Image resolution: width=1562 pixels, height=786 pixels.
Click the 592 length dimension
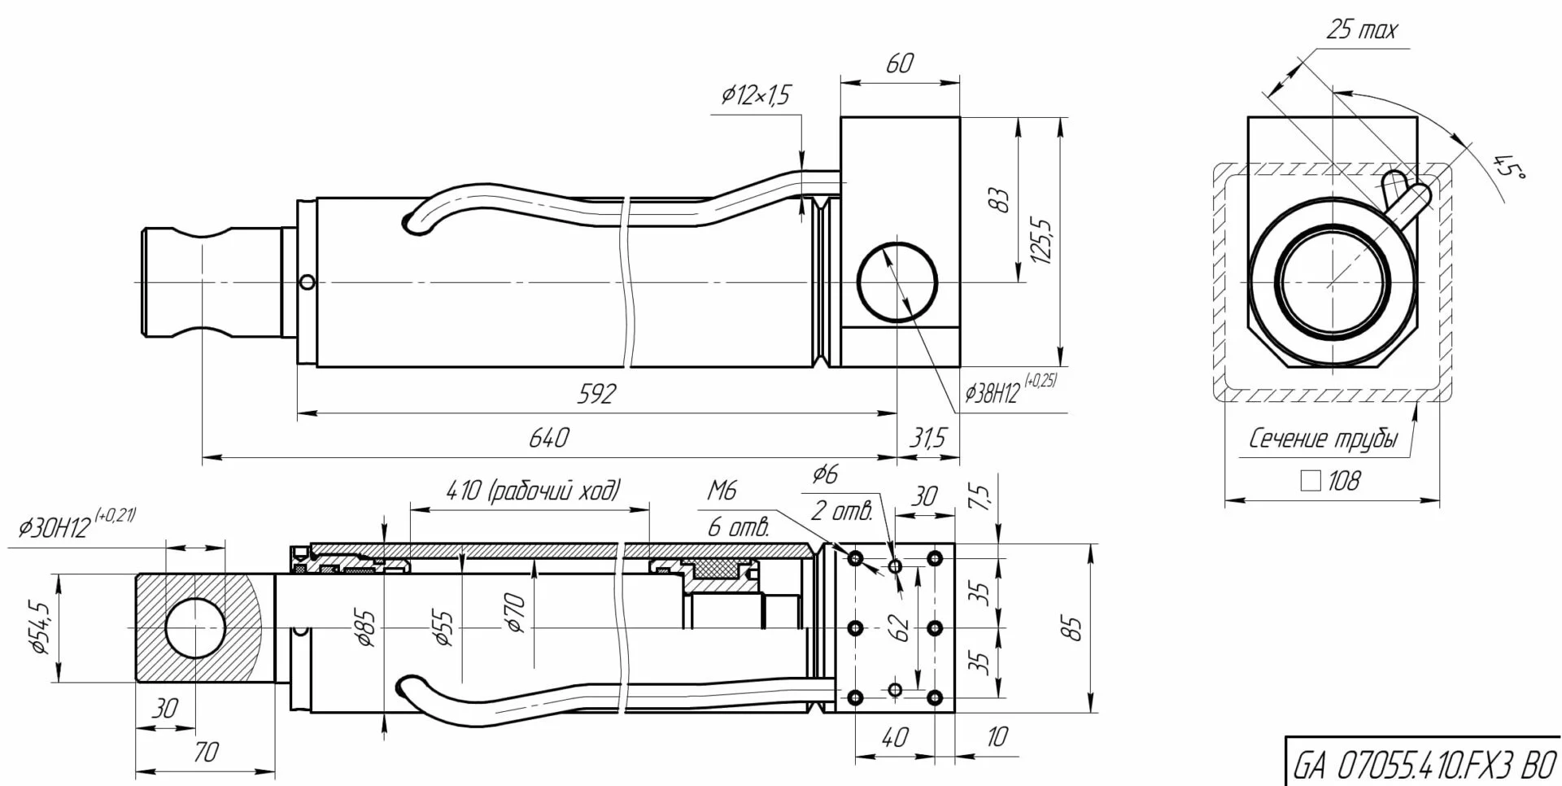[x=597, y=395]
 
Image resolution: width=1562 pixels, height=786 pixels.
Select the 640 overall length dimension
[x=549, y=439]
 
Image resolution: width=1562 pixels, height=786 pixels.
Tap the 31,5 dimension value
[x=927, y=439]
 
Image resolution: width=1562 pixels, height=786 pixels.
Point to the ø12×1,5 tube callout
[x=755, y=96]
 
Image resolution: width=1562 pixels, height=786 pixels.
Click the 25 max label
[x=1361, y=31]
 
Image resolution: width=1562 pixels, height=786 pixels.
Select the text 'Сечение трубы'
[x=1323, y=439]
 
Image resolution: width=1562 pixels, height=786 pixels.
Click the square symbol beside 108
[x=1310, y=482]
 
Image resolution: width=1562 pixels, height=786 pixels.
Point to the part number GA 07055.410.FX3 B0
[x=1424, y=766]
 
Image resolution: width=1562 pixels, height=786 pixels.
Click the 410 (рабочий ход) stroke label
[x=534, y=491]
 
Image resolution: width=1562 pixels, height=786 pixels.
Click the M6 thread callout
[x=722, y=490]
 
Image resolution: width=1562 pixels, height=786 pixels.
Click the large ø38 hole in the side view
[x=897, y=282]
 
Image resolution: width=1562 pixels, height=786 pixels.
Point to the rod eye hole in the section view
[x=194, y=628]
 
